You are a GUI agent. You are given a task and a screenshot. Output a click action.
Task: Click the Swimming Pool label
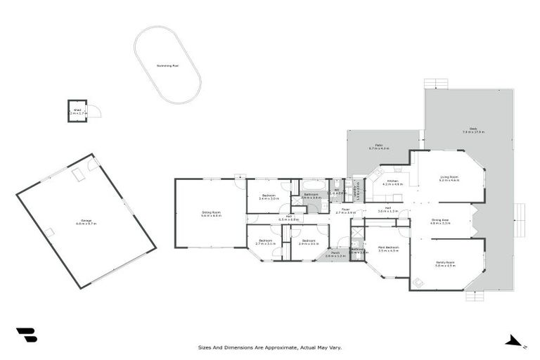point(167,65)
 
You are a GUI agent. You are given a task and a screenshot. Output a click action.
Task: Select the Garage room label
point(86,221)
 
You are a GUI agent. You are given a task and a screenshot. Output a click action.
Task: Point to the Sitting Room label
point(211,214)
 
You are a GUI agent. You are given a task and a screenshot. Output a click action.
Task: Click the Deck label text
point(473,130)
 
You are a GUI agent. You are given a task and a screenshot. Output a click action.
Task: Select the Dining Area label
point(440,221)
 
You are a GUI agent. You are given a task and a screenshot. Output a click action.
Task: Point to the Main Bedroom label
point(387,248)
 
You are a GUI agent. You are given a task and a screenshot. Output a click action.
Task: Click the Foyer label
point(346,210)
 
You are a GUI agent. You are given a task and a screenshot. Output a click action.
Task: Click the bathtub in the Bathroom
point(312,186)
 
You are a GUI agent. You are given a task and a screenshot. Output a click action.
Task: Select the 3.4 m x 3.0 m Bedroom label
point(269,197)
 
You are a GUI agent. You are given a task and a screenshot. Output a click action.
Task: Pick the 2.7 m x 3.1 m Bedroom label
point(265,242)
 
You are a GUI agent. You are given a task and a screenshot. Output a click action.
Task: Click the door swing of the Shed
point(94,110)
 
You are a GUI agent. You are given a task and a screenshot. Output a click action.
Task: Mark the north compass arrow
point(514,342)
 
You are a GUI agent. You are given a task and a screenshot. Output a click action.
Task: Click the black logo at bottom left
point(26,335)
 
